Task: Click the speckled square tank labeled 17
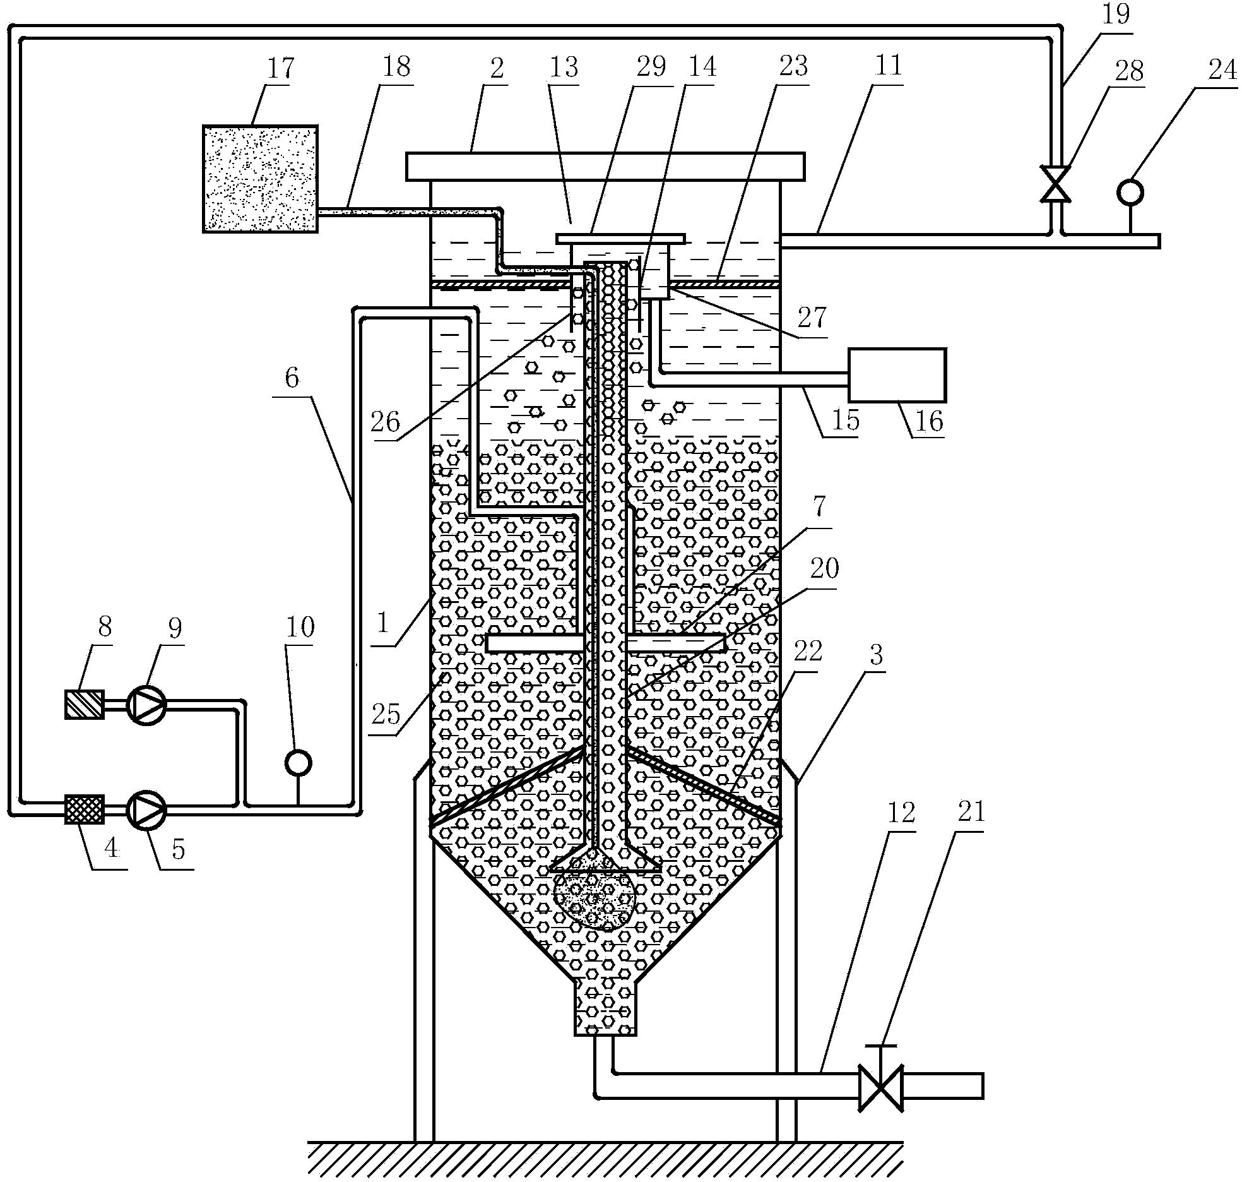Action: coord(260,179)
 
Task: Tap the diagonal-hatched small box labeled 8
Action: coord(85,704)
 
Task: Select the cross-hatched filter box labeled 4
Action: coord(85,809)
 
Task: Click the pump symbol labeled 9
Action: coord(146,704)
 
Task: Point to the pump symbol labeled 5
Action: coord(146,809)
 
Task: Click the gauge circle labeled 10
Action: coord(298,763)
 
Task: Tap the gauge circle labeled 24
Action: coord(1130,191)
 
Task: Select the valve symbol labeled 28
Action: coord(1055,183)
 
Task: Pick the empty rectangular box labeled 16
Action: coord(897,375)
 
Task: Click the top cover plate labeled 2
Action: coord(605,166)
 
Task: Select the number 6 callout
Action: coord(291,379)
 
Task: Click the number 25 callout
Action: coord(386,715)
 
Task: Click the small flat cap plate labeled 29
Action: coord(620,238)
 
